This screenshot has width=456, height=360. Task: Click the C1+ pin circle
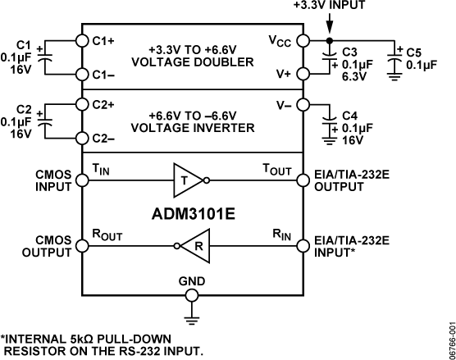[81, 39]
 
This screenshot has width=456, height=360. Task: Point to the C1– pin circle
[81, 74]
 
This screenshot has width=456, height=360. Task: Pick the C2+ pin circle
[81, 103]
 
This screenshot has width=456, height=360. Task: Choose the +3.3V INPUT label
[328, 6]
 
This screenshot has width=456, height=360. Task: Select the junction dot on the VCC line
[330, 39]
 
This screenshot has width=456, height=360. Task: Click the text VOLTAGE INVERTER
[193, 127]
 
